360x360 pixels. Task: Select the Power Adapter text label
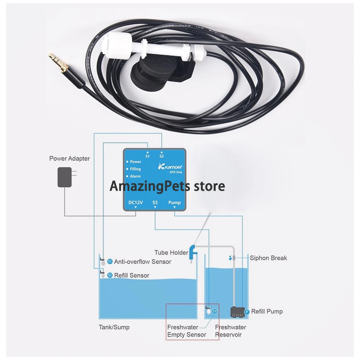click(69, 158)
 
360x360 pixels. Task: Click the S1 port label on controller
click(147, 156)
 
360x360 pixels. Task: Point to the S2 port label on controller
click(162, 156)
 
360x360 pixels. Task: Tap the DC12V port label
click(136, 203)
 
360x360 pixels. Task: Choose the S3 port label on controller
click(155, 203)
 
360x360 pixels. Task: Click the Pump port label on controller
click(175, 203)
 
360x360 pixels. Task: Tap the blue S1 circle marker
click(110, 262)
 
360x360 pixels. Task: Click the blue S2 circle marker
click(110, 275)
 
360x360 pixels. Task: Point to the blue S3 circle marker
click(215, 311)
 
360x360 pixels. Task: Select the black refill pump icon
click(237, 312)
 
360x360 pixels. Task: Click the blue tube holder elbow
click(193, 250)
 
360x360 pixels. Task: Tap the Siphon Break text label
click(269, 258)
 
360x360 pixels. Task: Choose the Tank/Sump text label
click(114, 327)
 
